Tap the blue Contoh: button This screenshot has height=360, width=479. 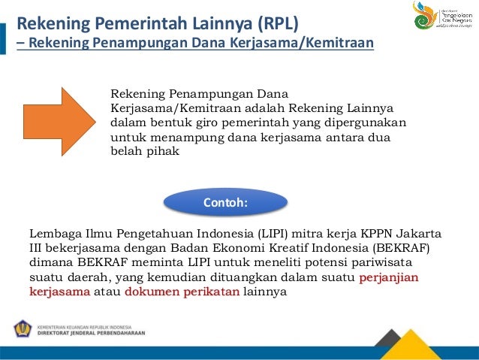point(225,203)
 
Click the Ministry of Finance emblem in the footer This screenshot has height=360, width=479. point(23,329)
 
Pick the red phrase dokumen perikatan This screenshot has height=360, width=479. point(183,292)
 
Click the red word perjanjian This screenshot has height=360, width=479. point(389,278)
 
